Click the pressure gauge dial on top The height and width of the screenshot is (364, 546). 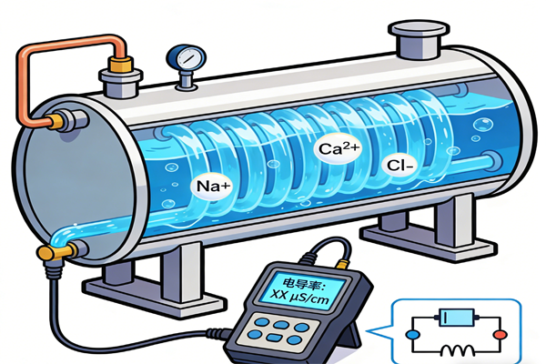pos(187,57)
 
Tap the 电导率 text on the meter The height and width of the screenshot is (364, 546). pos(289,278)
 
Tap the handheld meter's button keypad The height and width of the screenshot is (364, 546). pos(277,329)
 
